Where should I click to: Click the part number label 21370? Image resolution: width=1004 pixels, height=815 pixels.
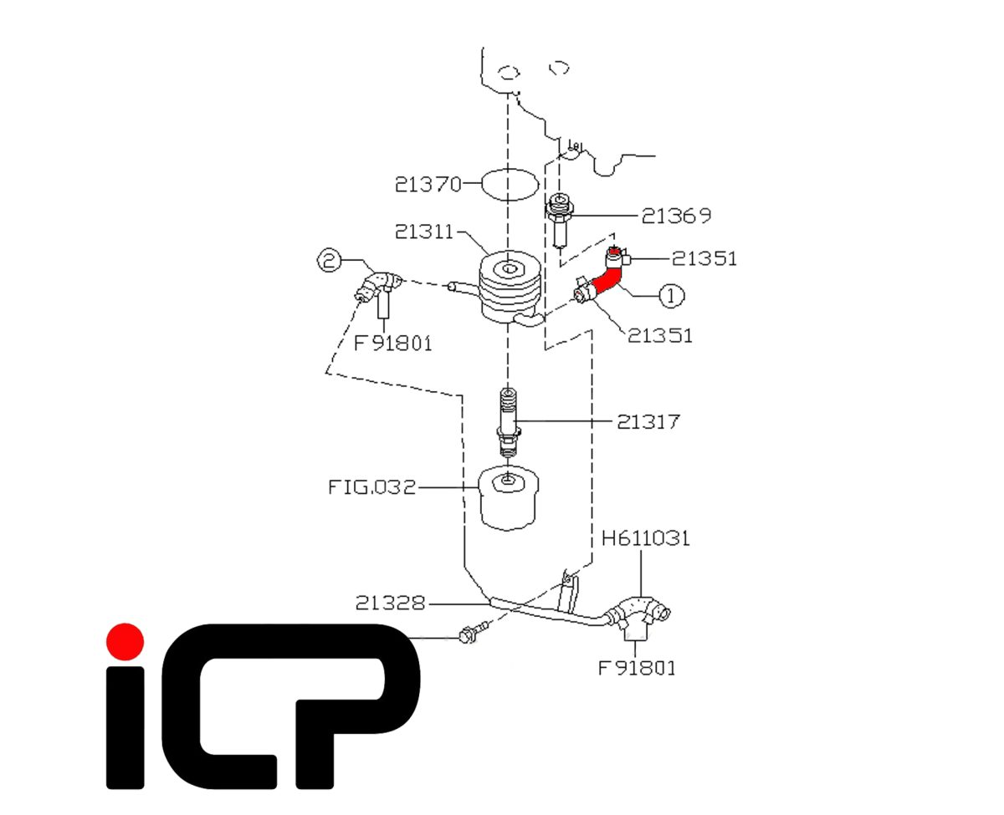pyautogui.click(x=428, y=184)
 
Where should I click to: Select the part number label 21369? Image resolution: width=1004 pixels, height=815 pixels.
pyautogui.click(x=676, y=215)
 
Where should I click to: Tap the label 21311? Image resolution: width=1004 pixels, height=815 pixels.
pyautogui.click(x=423, y=232)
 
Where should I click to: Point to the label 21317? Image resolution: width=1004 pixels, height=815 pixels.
pyautogui.click(x=648, y=421)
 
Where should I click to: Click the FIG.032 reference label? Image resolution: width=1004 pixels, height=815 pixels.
pyautogui.click(x=372, y=486)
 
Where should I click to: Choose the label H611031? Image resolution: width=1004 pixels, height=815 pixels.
pyautogui.click(x=645, y=537)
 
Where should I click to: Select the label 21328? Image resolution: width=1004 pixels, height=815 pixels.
pyautogui.click(x=390, y=603)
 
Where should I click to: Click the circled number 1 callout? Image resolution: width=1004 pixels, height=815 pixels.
pyautogui.click(x=671, y=296)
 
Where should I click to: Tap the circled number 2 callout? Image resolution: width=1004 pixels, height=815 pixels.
pyautogui.click(x=329, y=259)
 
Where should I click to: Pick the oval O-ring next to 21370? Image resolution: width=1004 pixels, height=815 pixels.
pyautogui.click(x=510, y=184)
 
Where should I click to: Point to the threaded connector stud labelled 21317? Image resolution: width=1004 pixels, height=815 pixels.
pyautogui.click(x=508, y=422)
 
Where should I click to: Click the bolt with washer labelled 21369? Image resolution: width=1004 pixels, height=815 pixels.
pyautogui.click(x=560, y=221)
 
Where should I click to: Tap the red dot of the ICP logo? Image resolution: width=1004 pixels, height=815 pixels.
pyautogui.click(x=125, y=641)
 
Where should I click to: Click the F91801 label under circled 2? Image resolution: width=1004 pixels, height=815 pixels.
pyautogui.click(x=392, y=344)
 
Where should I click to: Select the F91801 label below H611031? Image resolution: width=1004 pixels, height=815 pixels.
pyautogui.click(x=637, y=668)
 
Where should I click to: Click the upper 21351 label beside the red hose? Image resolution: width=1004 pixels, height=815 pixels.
pyautogui.click(x=704, y=258)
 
